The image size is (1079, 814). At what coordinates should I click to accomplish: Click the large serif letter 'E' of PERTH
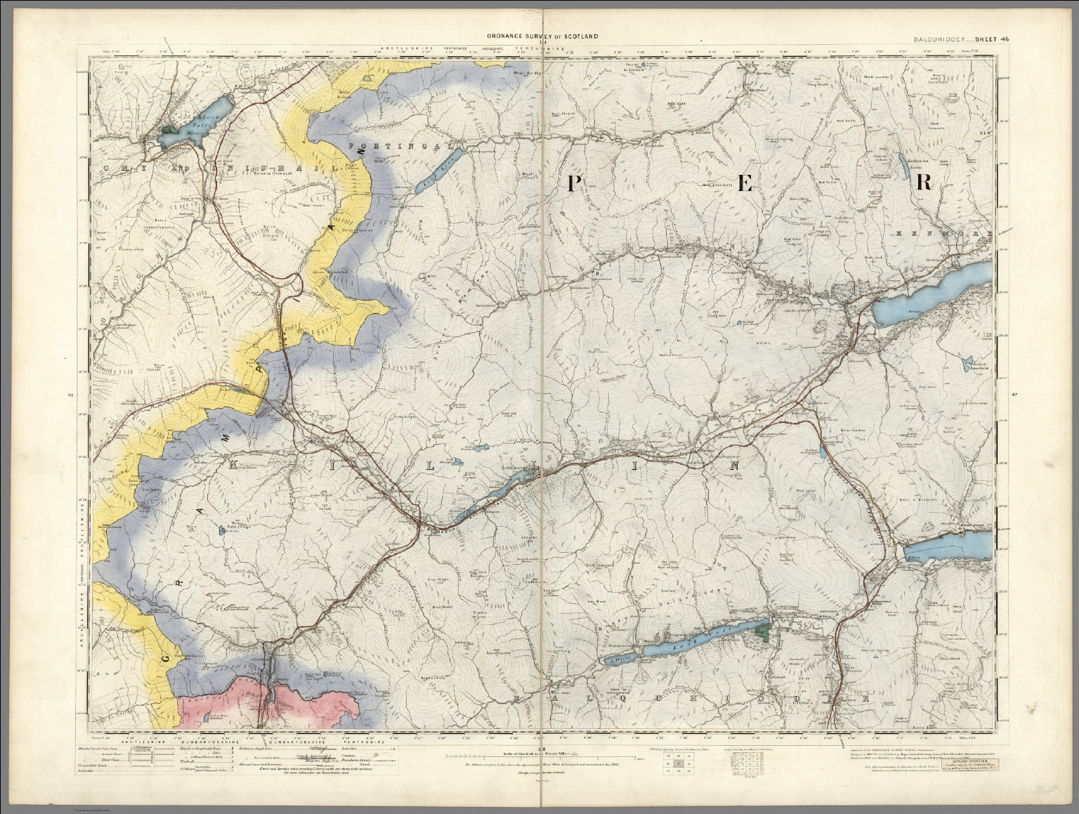coord(745,183)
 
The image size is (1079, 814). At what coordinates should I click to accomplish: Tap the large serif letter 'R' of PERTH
coord(924,182)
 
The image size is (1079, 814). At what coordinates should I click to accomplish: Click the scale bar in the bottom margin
coord(541,757)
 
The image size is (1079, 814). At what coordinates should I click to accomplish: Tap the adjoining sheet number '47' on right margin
coord(1014,395)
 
